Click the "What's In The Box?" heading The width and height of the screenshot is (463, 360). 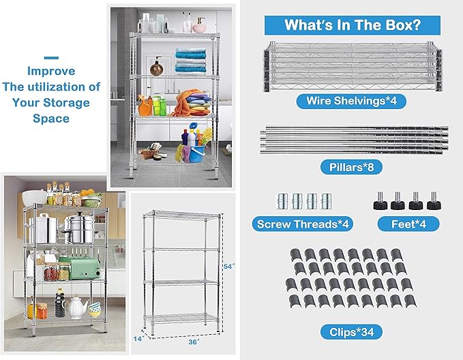coord(352,26)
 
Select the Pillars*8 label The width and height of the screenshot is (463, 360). coord(352,166)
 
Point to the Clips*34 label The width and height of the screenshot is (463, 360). coord(352,333)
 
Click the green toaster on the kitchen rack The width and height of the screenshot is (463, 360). coord(84,267)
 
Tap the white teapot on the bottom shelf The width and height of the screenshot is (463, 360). coord(76,308)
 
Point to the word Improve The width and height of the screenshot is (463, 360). coord(51,71)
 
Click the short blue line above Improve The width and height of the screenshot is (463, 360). coord(51,58)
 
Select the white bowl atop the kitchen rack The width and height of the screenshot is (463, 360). coord(33,198)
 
